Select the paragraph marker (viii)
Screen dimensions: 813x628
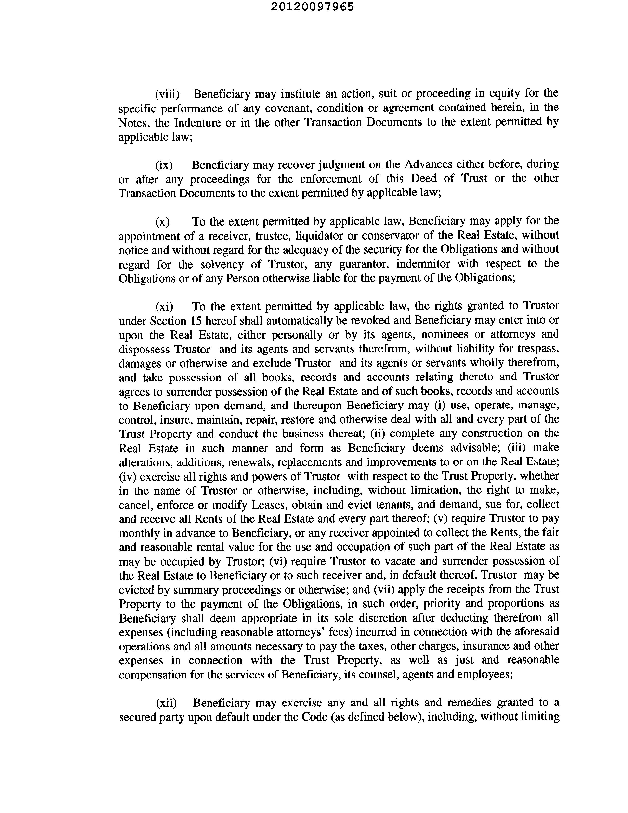(167, 94)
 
